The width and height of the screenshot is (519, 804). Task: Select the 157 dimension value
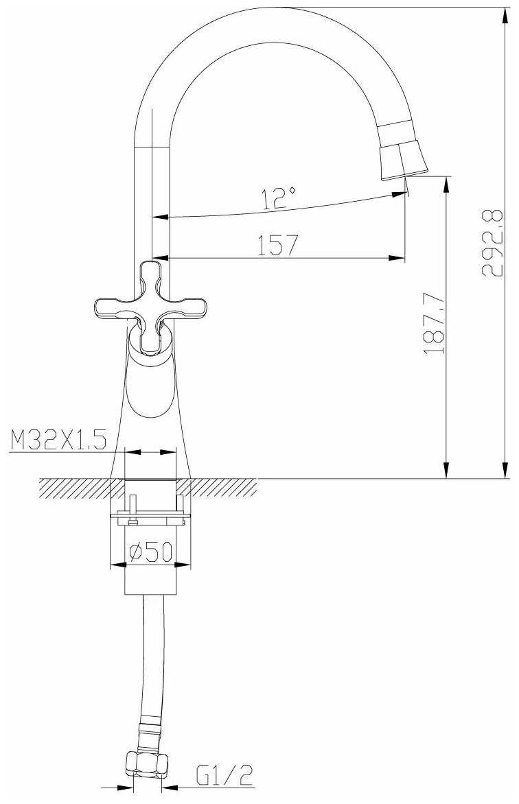[277, 245]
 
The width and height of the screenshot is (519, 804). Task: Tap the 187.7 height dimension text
[435, 324]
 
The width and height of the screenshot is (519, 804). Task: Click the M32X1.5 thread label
[58, 440]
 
